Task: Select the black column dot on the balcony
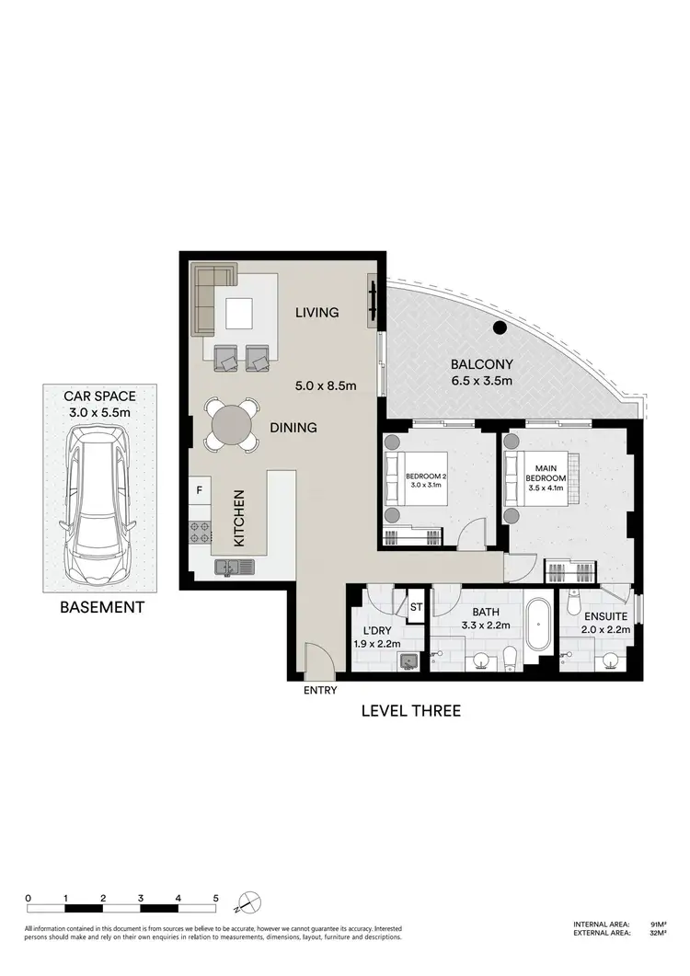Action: pos(499,327)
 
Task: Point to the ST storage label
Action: pos(416,607)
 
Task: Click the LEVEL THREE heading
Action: pos(410,710)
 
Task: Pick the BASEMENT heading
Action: pos(101,607)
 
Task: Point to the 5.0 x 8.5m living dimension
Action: pos(327,386)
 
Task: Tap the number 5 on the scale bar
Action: pos(215,898)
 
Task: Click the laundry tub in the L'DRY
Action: pos(408,659)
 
